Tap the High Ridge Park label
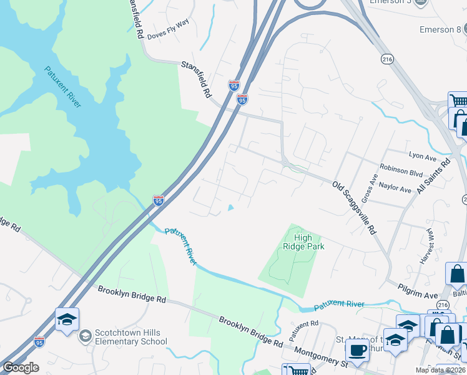click(x=303, y=242)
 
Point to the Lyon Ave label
click(x=423, y=156)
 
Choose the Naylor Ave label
click(x=396, y=188)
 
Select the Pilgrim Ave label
click(x=418, y=294)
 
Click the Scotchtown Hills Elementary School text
click(x=130, y=337)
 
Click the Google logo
click(x=21, y=367)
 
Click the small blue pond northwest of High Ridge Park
click(x=230, y=208)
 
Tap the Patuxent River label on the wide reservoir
click(x=62, y=86)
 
